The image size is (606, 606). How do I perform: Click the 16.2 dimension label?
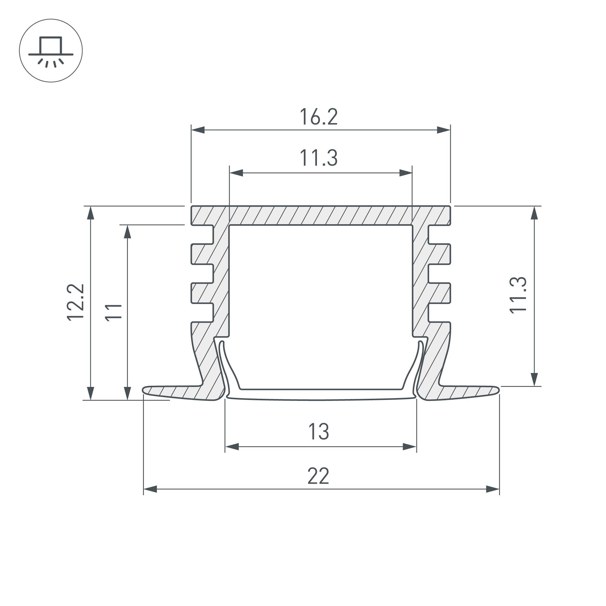pyautogui.click(x=319, y=117)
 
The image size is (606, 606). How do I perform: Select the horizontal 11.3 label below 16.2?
pyautogui.click(x=319, y=158)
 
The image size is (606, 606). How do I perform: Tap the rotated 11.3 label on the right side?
pyautogui.click(x=518, y=295)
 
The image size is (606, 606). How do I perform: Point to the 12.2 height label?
pyautogui.click(x=75, y=302)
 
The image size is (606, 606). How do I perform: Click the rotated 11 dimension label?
pyautogui.click(x=113, y=313)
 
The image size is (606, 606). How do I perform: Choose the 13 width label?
pyautogui.click(x=319, y=431)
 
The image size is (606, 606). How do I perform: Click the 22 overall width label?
pyautogui.click(x=318, y=476)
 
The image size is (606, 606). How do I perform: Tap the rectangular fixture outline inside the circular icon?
pyautogui.click(x=51, y=45)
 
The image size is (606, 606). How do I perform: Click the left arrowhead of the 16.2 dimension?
pyautogui.click(x=198, y=130)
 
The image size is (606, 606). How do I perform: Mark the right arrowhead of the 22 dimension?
pyautogui.click(x=493, y=489)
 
